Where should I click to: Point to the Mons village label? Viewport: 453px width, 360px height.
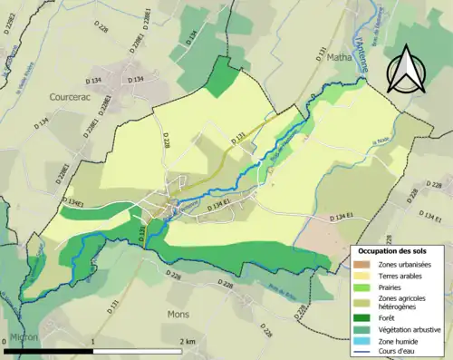click(x=178, y=314)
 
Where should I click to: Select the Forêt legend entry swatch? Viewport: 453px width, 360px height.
click(x=363, y=316)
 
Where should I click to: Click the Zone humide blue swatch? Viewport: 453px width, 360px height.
click(x=363, y=341)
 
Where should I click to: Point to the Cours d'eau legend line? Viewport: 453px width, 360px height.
click(x=363, y=353)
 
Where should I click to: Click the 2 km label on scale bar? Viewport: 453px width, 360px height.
click(x=187, y=342)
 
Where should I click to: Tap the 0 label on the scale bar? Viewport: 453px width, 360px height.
click(x=6, y=342)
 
